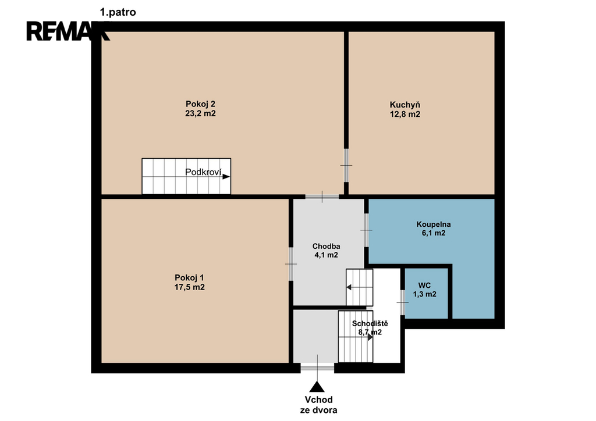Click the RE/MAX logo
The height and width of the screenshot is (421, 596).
pos(68,31)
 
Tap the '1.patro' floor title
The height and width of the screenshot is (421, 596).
pos(118,12)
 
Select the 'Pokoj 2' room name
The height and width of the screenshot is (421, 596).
pos(200,104)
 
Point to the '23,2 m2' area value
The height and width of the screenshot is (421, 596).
pos(200,113)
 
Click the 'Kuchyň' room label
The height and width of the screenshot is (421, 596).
pos(405,105)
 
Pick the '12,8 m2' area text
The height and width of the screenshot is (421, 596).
pos(405,115)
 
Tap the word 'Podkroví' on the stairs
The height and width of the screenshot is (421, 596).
pos(203,172)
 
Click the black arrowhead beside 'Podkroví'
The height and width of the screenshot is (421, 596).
pos(226,177)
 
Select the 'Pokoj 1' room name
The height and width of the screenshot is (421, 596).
pos(189,277)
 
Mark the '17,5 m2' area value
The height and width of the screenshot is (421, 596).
pos(189,287)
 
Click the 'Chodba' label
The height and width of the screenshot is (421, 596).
pos(326,246)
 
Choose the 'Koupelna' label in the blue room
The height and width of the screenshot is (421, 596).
pos(433,224)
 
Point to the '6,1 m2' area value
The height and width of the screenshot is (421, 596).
pos(433,233)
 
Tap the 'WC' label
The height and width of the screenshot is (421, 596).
pos(424,286)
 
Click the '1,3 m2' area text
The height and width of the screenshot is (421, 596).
pos(424,294)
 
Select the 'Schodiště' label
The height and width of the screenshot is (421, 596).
pos(370,323)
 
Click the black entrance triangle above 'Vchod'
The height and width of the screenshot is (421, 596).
pos(317,387)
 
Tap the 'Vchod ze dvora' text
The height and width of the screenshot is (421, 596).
pos(318,405)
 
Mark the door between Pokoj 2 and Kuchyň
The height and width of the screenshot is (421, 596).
pos(346,165)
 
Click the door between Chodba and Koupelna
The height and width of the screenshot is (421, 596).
pos(367,230)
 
